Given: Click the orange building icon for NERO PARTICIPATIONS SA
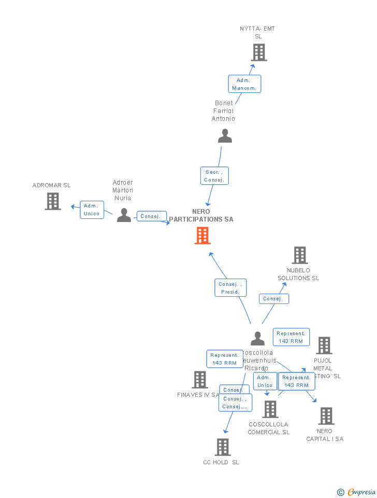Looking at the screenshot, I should [202, 236].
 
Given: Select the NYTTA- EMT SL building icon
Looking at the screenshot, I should [258, 52].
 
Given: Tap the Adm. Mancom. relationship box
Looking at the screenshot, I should [244, 84].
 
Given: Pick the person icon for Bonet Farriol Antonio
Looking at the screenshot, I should [225, 136].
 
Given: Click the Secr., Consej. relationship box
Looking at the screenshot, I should [214, 176].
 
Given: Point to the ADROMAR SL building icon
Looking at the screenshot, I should [53, 201].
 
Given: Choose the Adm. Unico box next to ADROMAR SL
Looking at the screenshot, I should [92, 210].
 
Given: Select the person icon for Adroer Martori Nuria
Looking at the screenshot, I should [124, 215].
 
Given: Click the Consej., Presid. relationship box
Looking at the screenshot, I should [230, 288].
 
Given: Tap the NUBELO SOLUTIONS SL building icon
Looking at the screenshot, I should [300, 255].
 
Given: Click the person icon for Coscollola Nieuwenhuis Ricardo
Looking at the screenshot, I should [257, 339].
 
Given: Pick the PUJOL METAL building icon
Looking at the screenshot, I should [324, 345].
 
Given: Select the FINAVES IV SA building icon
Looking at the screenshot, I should [200, 380].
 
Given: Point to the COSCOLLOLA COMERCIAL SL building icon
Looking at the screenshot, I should [270, 409].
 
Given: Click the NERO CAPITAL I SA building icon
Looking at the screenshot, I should [326, 416].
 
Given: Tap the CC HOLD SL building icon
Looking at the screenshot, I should [222, 447].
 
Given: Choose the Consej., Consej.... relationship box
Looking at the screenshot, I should [235, 403].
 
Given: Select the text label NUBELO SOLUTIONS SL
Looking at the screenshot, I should [298, 274].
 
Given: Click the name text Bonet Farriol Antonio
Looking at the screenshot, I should [224, 111].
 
